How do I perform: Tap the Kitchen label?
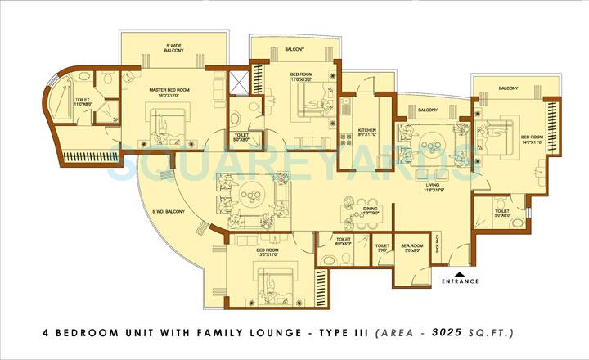pyautogui.click(x=367, y=134)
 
